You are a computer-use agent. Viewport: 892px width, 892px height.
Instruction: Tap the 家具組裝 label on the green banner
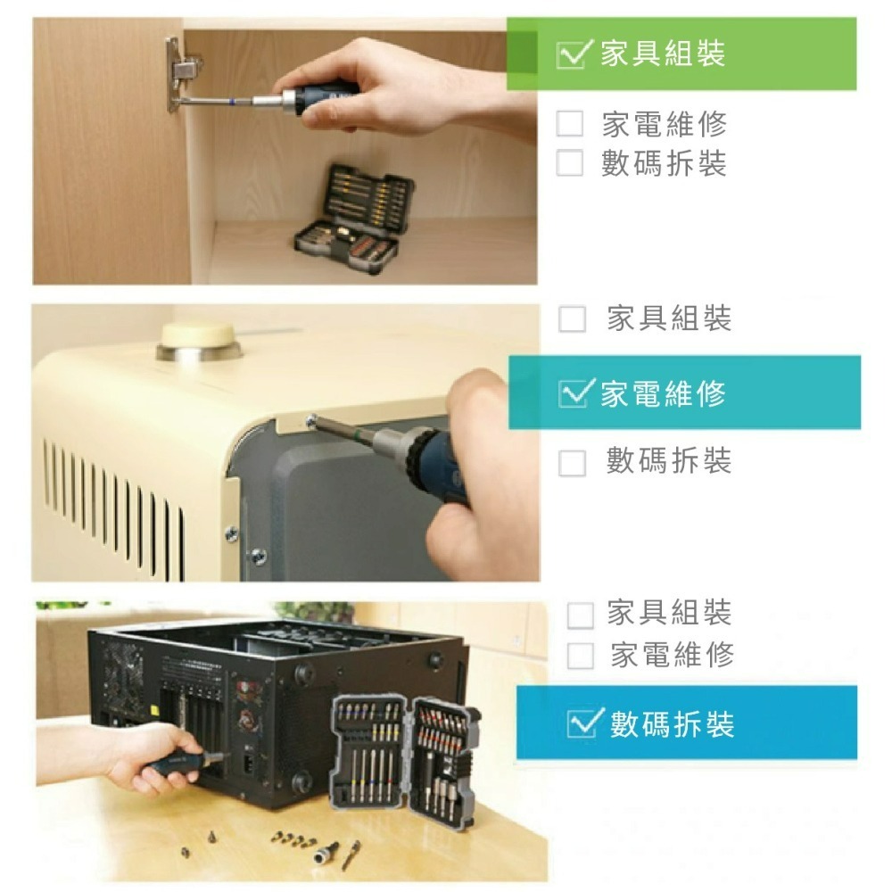[x=664, y=54]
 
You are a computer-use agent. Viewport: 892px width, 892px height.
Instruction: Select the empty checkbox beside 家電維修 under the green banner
[x=570, y=123]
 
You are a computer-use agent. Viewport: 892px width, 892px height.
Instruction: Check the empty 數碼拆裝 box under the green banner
[x=570, y=162]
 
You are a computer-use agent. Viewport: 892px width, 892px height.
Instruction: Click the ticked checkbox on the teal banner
[x=574, y=393]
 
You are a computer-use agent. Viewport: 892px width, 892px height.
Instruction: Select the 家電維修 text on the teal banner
[x=664, y=393]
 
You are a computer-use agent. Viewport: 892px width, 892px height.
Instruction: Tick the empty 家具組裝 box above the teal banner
[x=573, y=318]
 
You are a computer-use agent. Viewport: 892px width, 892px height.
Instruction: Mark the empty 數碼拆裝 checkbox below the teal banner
[x=573, y=462]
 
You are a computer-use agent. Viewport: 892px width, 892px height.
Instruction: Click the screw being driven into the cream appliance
[x=310, y=422]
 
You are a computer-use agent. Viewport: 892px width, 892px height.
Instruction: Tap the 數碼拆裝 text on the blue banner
[x=673, y=724]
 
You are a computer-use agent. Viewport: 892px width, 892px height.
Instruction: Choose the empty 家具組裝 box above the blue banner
[x=581, y=615]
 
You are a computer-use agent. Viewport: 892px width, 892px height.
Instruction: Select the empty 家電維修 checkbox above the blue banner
[x=581, y=656]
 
